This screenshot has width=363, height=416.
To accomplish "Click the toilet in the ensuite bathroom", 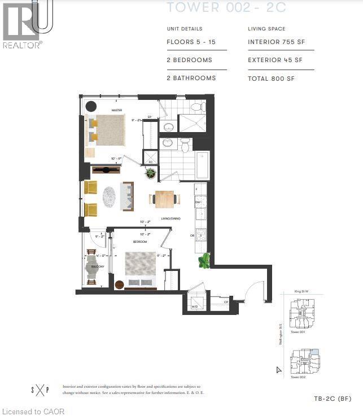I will (x=196, y=106).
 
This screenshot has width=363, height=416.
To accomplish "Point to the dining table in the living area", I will (x=165, y=199).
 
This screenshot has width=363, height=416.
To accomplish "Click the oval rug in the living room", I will (x=109, y=196).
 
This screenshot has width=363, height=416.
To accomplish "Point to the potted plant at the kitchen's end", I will (x=204, y=261).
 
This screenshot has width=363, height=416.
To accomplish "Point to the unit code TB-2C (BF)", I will (x=333, y=399).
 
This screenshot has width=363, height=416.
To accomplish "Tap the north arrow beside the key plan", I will (x=278, y=370).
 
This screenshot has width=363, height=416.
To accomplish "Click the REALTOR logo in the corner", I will (x=22, y=25).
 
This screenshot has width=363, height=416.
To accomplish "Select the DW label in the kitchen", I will (x=197, y=202).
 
